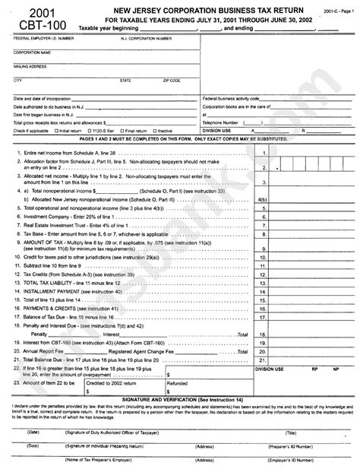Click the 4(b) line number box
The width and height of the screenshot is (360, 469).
263,201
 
